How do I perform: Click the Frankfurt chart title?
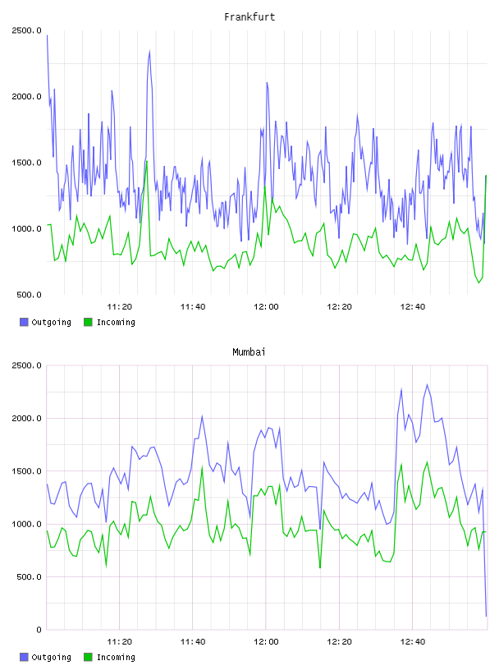pyautogui.click(x=249, y=17)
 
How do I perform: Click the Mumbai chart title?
pyautogui.click(x=249, y=352)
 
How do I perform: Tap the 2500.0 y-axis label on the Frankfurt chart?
pyautogui.click(x=26, y=30)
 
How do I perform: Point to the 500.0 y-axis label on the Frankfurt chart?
pyautogui.click(x=29, y=295)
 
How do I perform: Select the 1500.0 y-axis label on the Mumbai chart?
pyautogui.click(x=26, y=471)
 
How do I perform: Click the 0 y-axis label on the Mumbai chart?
pyautogui.click(x=39, y=630)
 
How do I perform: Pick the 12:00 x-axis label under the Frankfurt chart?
pyautogui.click(x=266, y=307)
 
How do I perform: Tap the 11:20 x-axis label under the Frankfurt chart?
pyautogui.click(x=119, y=307)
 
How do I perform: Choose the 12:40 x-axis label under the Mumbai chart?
pyautogui.click(x=412, y=642)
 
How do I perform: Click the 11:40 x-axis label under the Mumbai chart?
pyautogui.click(x=193, y=642)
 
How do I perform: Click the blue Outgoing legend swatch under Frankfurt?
pyautogui.click(x=24, y=322)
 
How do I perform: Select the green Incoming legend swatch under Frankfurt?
pyautogui.click(x=88, y=322)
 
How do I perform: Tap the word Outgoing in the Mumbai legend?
pyautogui.click(x=51, y=657)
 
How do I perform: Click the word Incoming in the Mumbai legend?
pyautogui.click(x=116, y=657)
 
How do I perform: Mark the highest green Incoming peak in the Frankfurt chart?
pyautogui.click(x=147, y=162)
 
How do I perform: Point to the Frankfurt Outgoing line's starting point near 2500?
pyautogui.click(x=47, y=35)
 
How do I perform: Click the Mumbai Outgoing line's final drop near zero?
pyautogui.click(x=486, y=616)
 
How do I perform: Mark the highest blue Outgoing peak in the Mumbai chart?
pyautogui.click(x=428, y=384)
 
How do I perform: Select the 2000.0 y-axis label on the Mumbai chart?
pyautogui.click(x=26, y=418)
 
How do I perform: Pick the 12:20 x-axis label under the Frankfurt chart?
pyautogui.click(x=339, y=307)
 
